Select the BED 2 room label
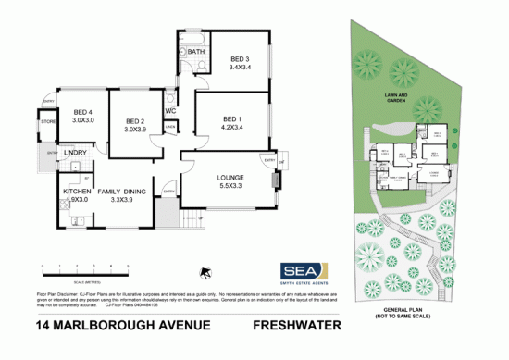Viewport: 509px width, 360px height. (135, 121)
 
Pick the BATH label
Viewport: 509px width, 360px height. (196, 52)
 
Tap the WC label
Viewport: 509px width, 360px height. (171, 112)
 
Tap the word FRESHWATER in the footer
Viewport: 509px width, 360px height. (296, 326)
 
